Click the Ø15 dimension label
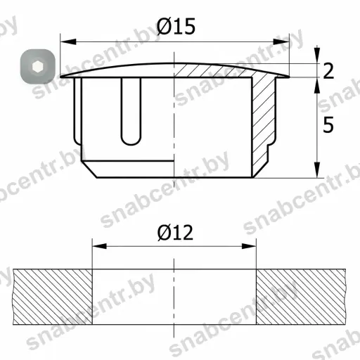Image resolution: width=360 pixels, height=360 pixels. point(176,26)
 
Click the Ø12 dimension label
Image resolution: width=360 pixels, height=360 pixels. point(175,232)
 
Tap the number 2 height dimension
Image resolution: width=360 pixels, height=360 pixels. point(328,70)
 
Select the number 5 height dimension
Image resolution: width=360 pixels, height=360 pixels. point(328,124)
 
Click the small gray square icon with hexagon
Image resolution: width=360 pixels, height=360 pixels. point(38,67)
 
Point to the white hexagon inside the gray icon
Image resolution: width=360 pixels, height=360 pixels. point(37,67)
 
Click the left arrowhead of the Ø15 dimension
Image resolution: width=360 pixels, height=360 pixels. point(68,41)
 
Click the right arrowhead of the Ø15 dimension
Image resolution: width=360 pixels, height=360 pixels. point(281,41)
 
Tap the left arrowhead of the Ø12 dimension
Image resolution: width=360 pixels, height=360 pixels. point(99,246)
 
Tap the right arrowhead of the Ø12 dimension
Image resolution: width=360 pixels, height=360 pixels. point(249,246)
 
